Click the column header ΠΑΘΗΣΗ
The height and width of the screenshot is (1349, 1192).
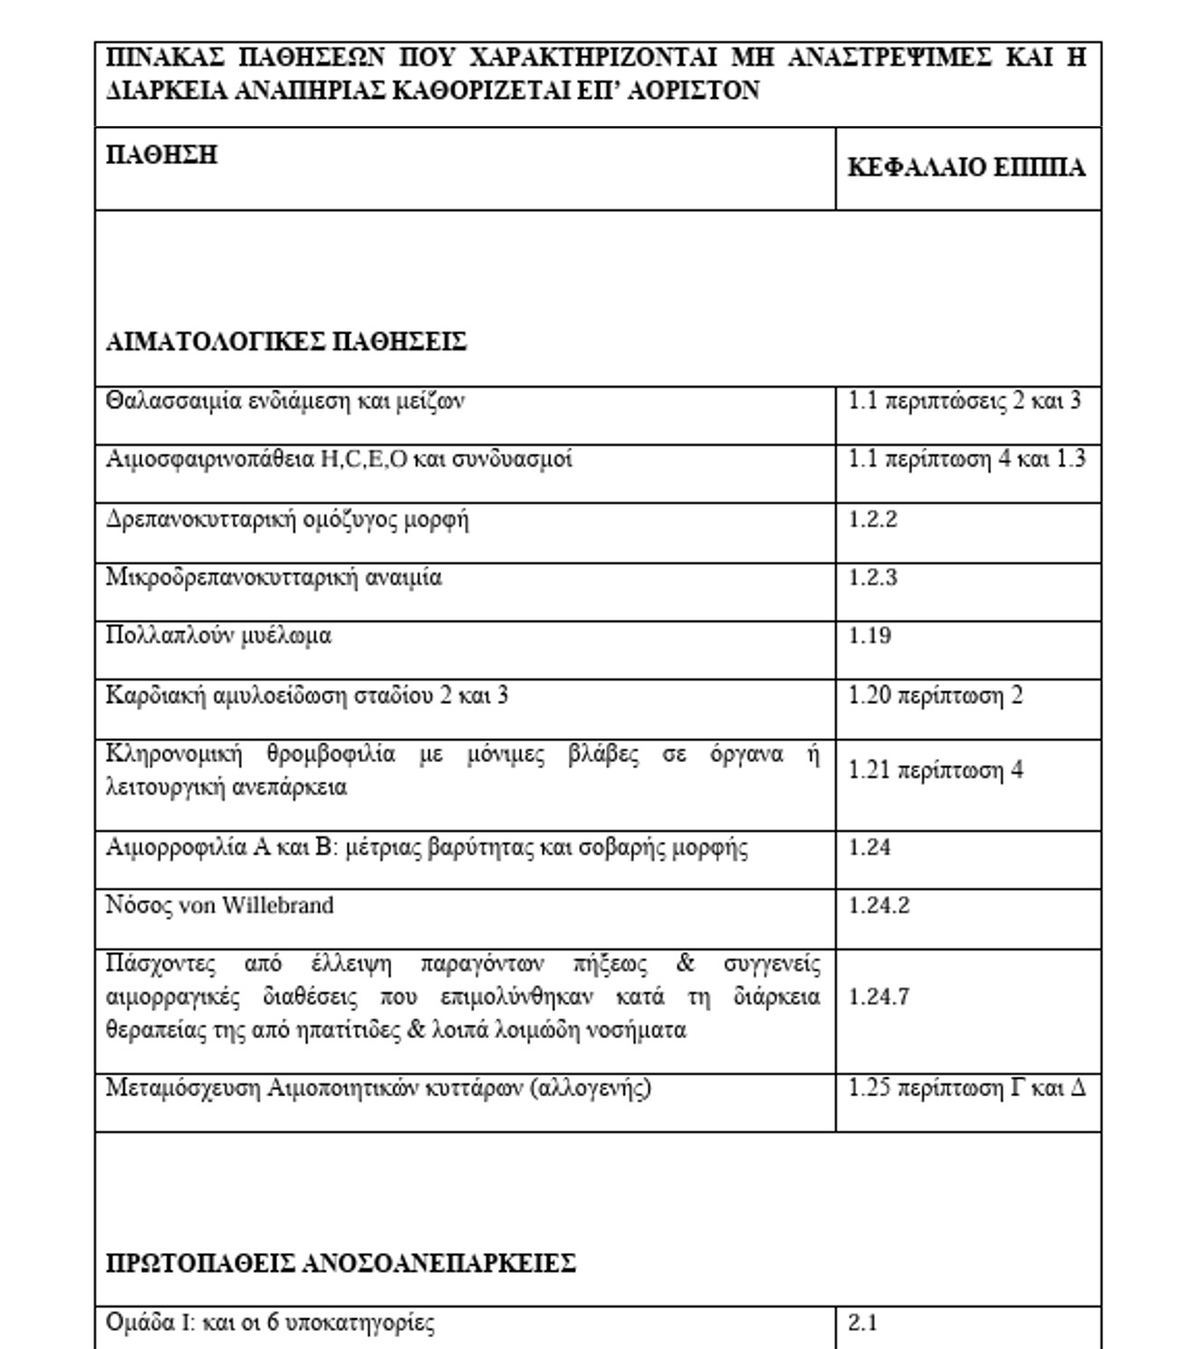point(161,155)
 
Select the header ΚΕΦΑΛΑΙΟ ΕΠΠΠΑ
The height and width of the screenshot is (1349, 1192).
point(966,169)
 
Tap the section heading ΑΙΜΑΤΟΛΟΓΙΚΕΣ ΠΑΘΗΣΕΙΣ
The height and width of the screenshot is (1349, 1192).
point(286,342)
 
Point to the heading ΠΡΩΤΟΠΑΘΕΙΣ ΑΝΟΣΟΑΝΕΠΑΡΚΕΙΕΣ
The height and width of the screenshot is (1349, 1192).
point(341,1263)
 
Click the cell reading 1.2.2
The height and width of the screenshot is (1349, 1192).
point(872,519)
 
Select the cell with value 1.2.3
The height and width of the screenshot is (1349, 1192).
point(872,577)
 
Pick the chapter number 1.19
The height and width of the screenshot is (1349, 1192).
point(870,635)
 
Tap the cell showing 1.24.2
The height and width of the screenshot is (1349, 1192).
point(879,905)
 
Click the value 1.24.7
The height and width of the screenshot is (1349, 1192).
point(879,997)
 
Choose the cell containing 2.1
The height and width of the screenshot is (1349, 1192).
point(862,1323)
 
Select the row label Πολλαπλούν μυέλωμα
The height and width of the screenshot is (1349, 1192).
point(218,635)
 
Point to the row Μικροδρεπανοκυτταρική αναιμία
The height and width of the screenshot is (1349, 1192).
point(274,577)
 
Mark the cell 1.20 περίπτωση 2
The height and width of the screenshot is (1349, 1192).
point(935,696)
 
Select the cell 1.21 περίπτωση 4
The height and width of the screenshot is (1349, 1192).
point(935,770)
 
